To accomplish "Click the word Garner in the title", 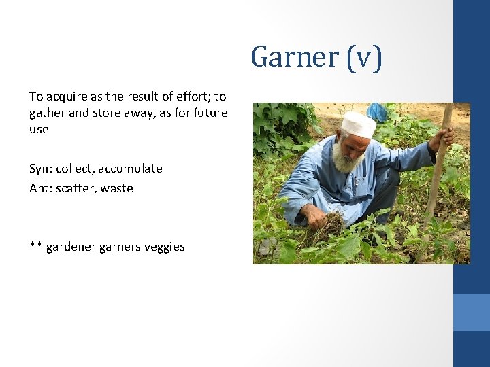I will [291, 57].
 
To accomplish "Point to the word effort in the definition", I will [191, 97].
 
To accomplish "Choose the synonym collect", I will [76, 169].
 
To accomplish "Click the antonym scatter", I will [75, 188].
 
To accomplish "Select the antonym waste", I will [117, 188].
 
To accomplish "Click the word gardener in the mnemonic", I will [71, 247].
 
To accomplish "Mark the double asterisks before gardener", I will [35, 245].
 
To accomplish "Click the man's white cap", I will [359, 124].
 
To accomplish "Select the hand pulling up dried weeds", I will [315, 217].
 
